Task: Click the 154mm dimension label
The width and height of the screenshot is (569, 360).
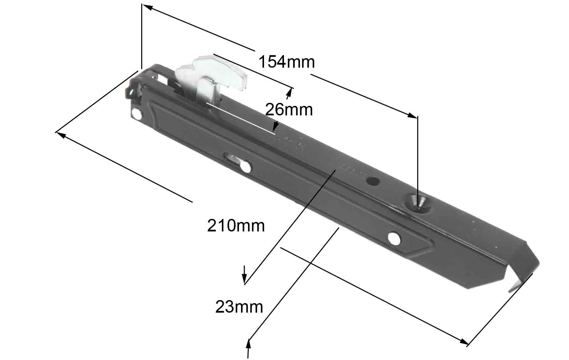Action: pyautogui.click(x=287, y=62)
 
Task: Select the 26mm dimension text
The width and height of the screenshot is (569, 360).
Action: pyautogui.click(x=289, y=110)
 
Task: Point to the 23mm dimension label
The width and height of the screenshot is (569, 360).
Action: pyautogui.click(x=239, y=307)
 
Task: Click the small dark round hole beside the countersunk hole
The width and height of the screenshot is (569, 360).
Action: pyautogui.click(x=373, y=181)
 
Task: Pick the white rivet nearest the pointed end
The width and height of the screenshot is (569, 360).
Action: pyautogui.click(x=394, y=239)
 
